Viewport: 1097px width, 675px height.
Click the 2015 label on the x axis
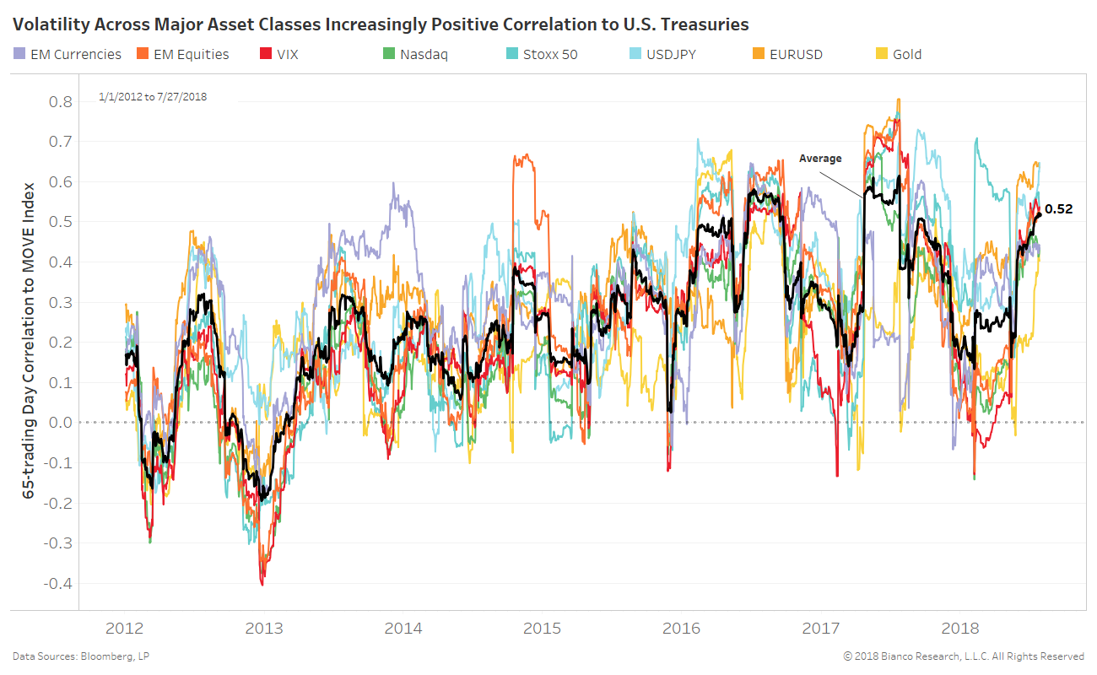(x=542, y=629)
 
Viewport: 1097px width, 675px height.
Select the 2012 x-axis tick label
(x=125, y=629)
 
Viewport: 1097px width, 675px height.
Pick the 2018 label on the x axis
(x=959, y=629)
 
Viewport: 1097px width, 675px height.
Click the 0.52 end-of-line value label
(x=1058, y=209)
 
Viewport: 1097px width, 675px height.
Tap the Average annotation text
(x=820, y=158)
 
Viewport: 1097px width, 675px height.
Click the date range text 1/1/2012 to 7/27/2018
(x=153, y=97)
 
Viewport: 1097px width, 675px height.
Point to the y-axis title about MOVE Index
(x=29, y=338)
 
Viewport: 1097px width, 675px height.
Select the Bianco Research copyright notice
(x=963, y=656)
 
